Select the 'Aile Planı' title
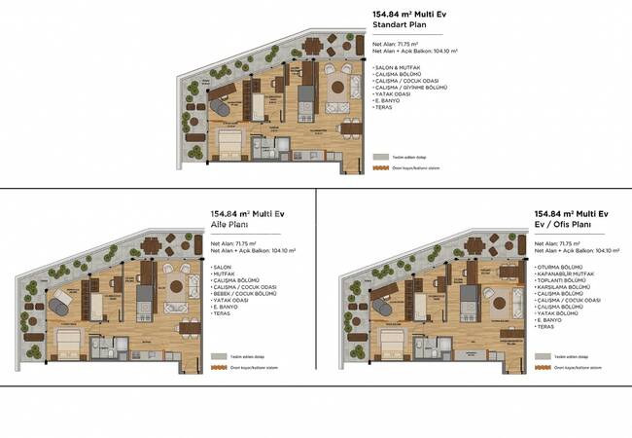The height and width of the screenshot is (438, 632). (230, 224)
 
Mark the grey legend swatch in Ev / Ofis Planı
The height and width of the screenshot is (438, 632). (542, 355)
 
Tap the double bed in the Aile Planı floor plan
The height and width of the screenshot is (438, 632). (70, 344)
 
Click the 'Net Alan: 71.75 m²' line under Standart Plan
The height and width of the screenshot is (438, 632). (395, 44)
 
